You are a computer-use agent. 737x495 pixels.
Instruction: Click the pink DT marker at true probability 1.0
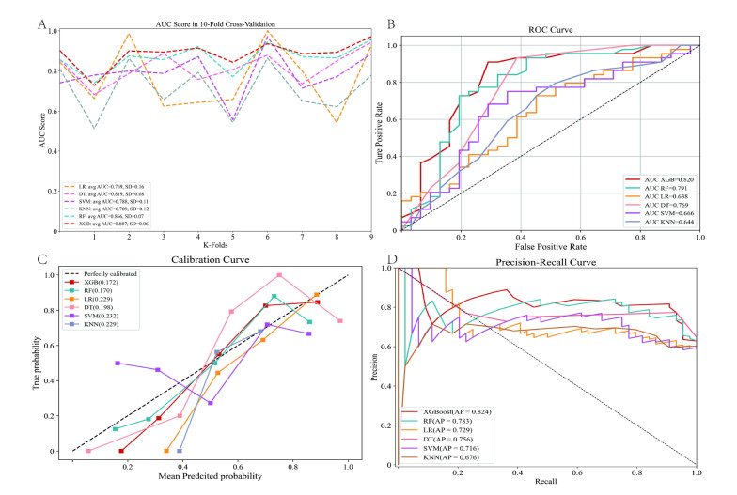click(x=279, y=275)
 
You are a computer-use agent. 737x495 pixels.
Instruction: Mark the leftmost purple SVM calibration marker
click(x=118, y=363)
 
